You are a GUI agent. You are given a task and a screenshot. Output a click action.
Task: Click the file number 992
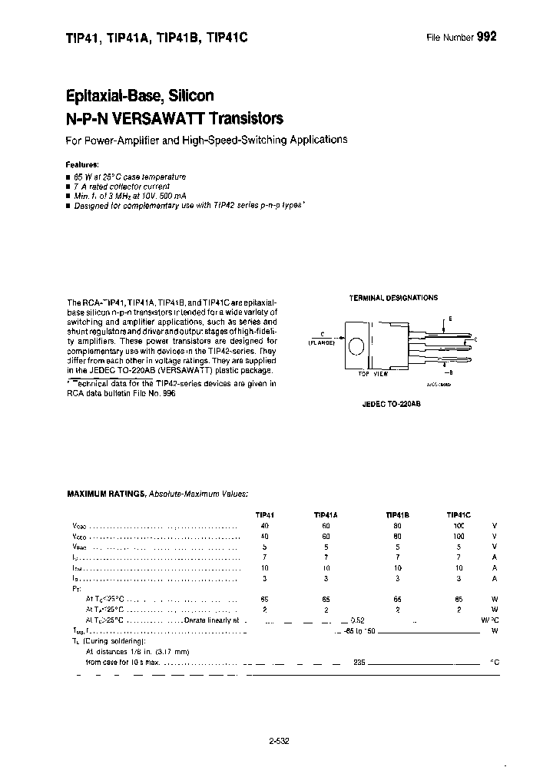tap(486, 36)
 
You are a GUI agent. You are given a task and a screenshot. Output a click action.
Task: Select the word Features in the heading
tap(81, 164)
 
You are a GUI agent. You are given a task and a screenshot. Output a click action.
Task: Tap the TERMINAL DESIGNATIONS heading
tap(393, 297)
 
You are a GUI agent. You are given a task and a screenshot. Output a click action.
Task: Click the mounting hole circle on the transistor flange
tap(355, 346)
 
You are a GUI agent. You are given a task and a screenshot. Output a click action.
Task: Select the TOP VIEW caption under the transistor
tap(373, 373)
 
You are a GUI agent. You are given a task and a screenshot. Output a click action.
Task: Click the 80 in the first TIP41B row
tap(397, 526)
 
